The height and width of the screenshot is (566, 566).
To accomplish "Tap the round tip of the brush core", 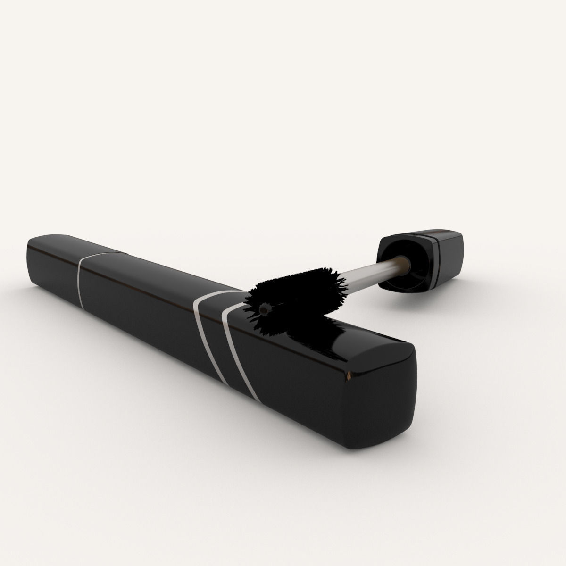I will tap(265, 309).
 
